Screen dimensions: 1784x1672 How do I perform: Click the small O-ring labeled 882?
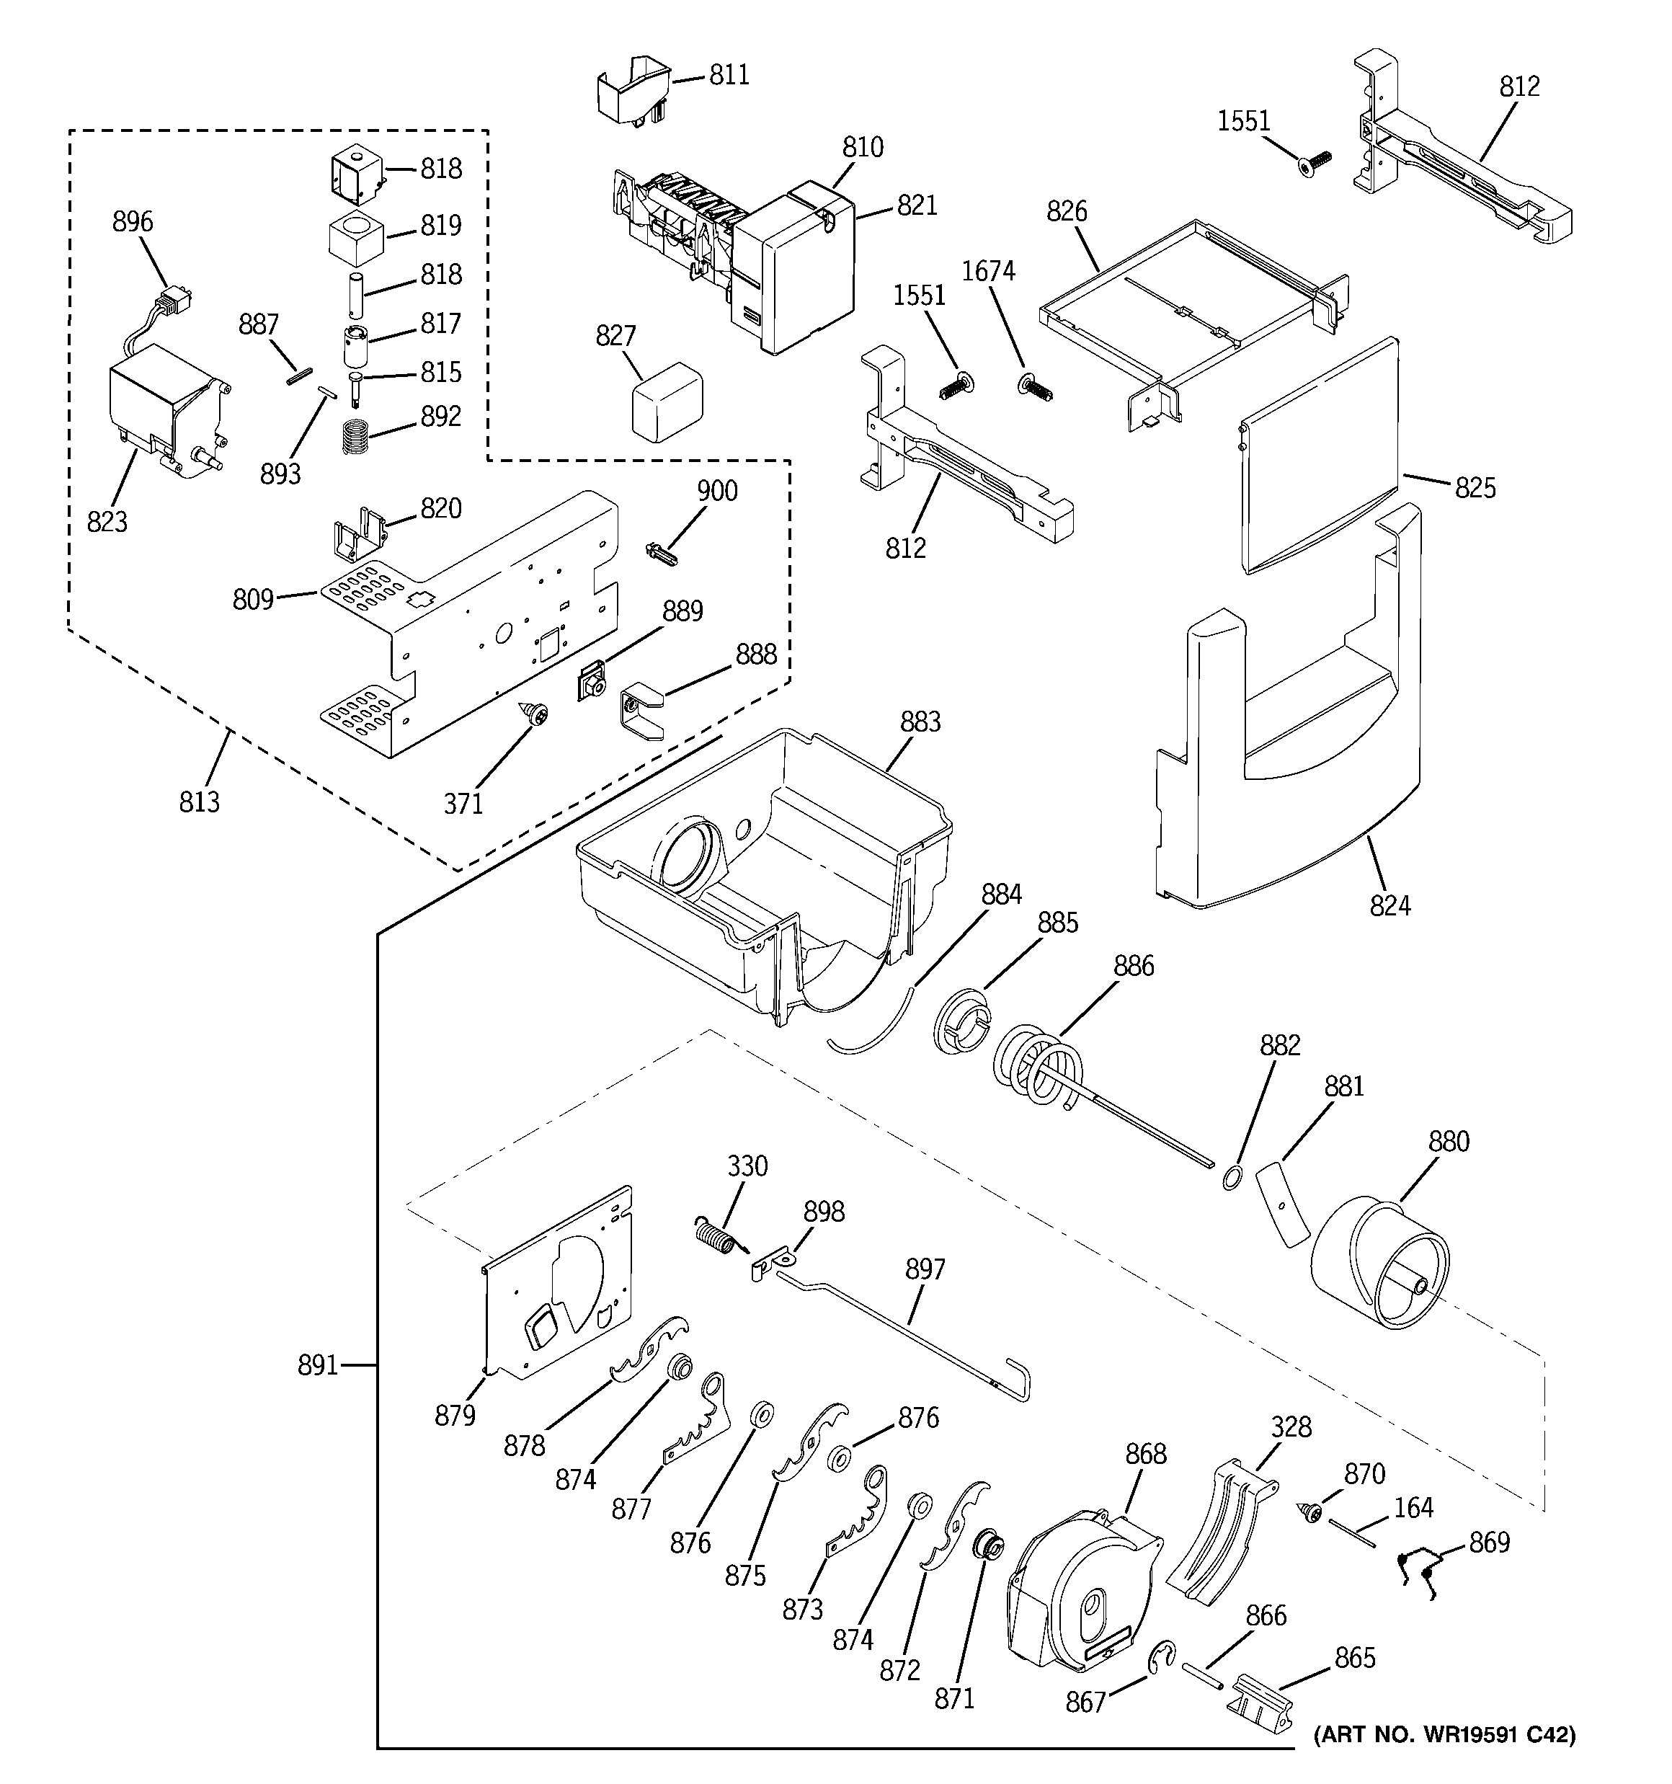click(x=1232, y=1177)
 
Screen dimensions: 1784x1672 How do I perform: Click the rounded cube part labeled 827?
click(x=666, y=401)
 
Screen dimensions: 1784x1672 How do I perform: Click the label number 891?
click(x=318, y=1365)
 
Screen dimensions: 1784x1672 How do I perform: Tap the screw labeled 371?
click(x=538, y=714)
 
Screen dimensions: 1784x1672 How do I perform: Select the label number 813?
click(x=198, y=802)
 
